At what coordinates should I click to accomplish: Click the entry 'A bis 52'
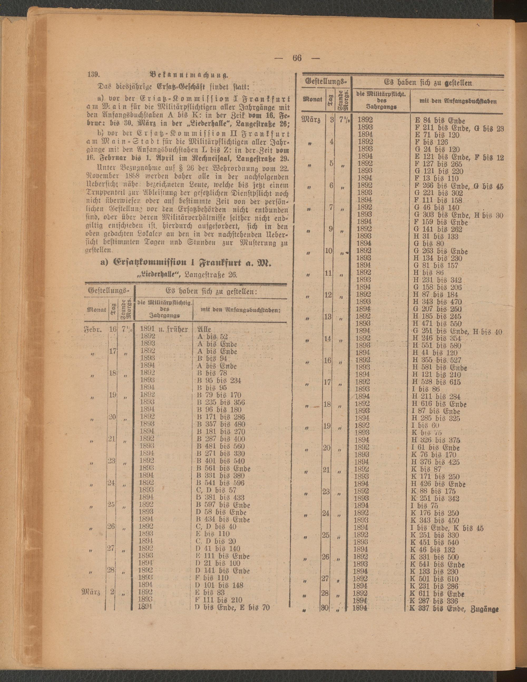tap(212, 337)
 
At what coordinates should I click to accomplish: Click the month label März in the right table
tap(310, 120)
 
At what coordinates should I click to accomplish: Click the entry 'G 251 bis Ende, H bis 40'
tap(457, 331)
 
